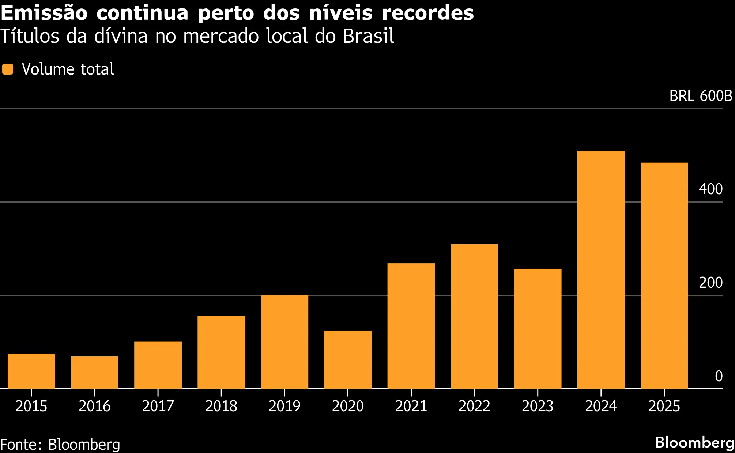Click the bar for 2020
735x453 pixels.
pos(348,360)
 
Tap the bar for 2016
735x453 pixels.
pos(95,373)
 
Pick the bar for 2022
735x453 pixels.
pos(474,316)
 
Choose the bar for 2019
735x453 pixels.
pos(284,342)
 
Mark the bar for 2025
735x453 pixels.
pos(664,276)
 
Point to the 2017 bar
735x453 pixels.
pos(158,365)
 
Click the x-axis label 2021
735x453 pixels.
pos(411,406)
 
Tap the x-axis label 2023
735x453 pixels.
pos(538,406)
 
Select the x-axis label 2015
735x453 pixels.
pos(31,406)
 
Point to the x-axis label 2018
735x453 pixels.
pos(221,406)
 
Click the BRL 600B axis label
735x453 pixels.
pos(701,96)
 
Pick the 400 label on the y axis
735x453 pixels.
pos(710,189)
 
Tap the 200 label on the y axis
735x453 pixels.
pos(710,283)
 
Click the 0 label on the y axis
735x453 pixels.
pos(719,376)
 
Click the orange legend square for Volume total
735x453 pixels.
pos(8,69)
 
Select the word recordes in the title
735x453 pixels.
pos(427,13)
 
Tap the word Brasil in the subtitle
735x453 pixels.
pos(369,36)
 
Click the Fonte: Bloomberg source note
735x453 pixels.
pos(60,445)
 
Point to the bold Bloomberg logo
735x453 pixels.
pos(694,442)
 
